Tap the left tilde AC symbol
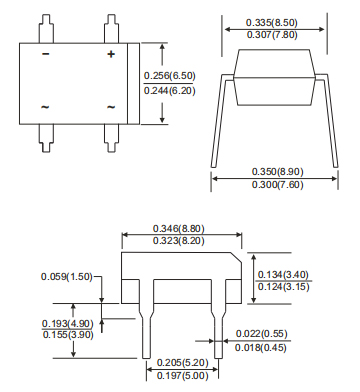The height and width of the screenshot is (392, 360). tap(46, 106)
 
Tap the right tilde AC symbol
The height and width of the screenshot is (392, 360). tap(110, 106)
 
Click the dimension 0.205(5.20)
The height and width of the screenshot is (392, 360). tap(182, 362)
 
